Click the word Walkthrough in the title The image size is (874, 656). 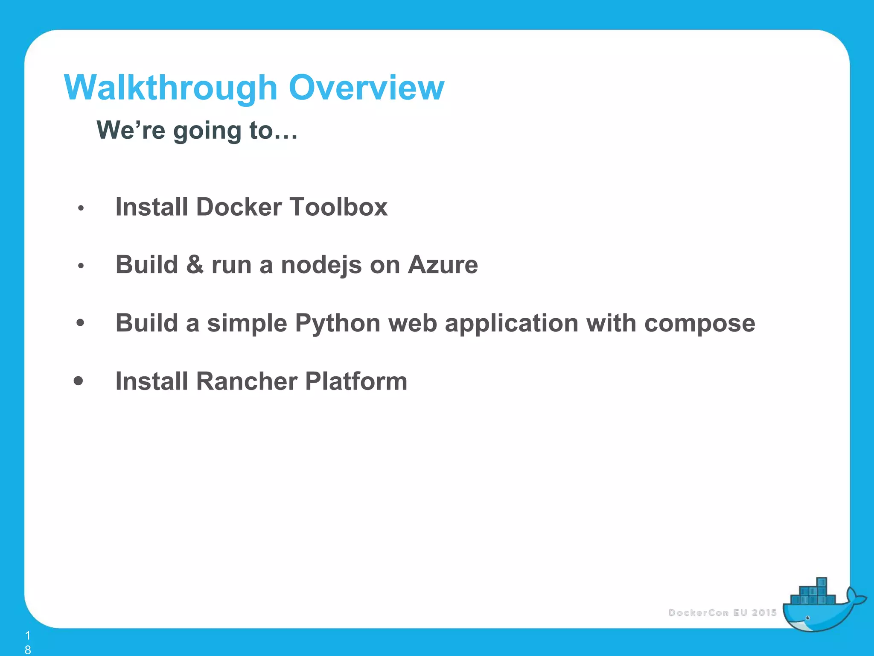tap(171, 88)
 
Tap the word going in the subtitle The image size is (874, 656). tap(207, 131)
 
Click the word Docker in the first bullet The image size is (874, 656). tap(239, 207)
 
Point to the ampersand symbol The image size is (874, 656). tap(195, 265)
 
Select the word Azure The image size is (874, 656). tap(443, 265)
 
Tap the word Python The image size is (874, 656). tap(337, 323)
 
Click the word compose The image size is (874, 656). tap(699, 323)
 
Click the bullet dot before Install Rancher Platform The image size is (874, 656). tap(78, 380)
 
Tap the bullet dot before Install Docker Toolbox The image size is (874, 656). tap(81, 208)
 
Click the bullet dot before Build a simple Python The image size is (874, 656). tap(80, 322)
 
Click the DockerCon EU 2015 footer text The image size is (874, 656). tap(722, 612)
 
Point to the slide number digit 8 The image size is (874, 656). tap(28, 650)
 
